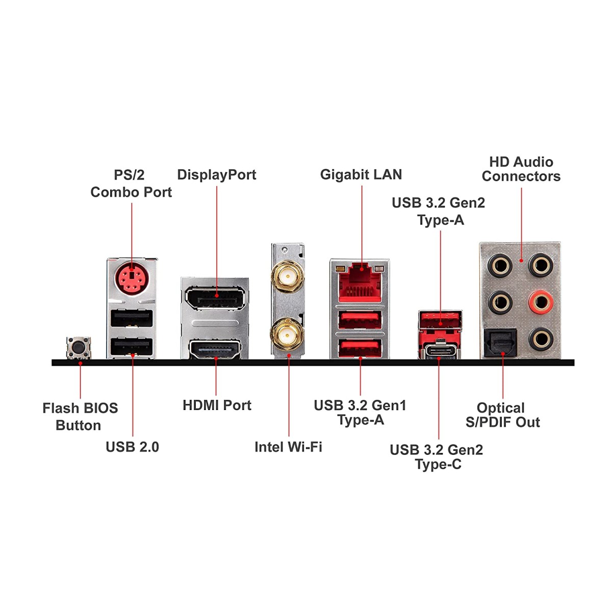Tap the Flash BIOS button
point(79,348)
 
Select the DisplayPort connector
point(215,298)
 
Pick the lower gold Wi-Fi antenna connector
point(288,336)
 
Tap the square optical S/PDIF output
point(500,343)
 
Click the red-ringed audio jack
point(540,302)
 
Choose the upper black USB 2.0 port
point(132,319)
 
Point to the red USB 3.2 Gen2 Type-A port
point(440,320)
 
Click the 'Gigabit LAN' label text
point(361,174)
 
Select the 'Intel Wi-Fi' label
point(288,447)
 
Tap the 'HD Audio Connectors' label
point(521,169)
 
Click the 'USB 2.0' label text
point(132,447)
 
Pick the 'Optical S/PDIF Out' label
point(502,415)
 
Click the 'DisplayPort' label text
point(216,174)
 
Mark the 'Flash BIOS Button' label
point(80,417)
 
